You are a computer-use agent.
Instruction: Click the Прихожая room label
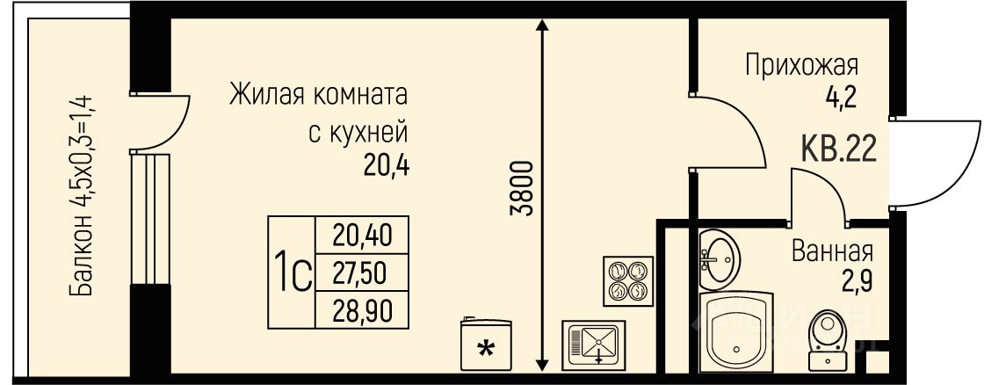801,65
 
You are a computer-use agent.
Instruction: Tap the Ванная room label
832,252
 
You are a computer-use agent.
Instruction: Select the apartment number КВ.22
838,150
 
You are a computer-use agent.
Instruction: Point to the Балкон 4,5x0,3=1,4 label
83,195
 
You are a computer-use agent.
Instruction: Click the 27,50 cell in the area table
361,272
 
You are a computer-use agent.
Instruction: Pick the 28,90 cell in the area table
361,310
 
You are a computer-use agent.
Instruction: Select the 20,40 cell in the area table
361,235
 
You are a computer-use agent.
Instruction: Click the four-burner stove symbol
628,280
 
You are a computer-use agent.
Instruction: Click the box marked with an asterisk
486,345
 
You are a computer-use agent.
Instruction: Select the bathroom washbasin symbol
720,258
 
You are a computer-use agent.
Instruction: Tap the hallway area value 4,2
843,98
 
